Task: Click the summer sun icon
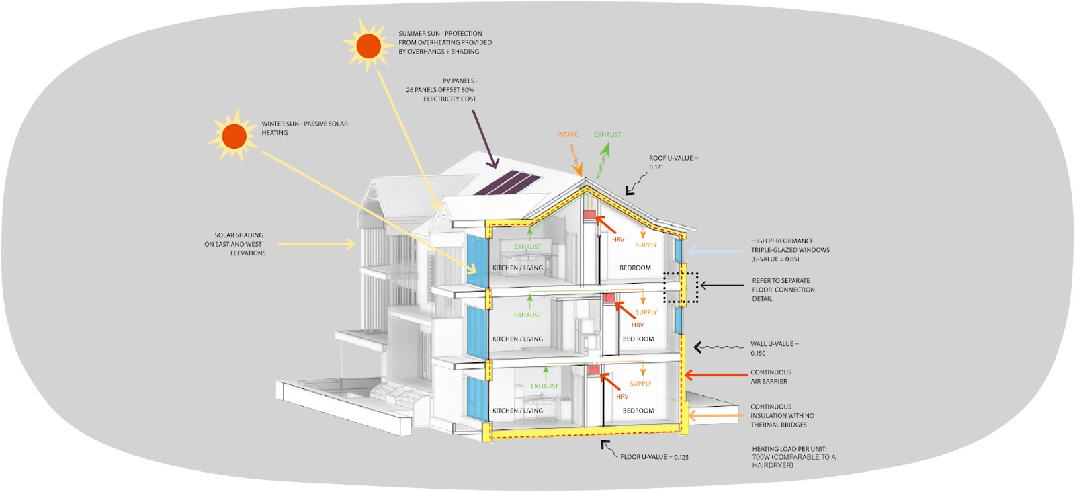coord(368,46)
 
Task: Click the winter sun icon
coord(234,136)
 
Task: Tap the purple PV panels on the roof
coord(507,182)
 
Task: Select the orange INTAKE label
coord(568,135)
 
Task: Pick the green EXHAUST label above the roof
coord(607,135)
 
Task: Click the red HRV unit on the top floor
coord(590,214)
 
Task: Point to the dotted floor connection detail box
coord(681,288)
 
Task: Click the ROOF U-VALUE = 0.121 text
coord(673,163)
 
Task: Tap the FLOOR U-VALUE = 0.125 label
coord(654,457)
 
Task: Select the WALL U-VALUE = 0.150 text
coord(774,348)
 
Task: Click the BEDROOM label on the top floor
coord(635,268)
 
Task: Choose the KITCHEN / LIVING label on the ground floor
coord(517,411)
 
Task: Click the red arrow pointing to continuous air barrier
coord(715,376)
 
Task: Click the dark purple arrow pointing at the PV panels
coord(484,138)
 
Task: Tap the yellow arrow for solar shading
coord(316,244)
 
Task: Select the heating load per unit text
coord(793,457)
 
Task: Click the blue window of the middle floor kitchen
coord(476,331)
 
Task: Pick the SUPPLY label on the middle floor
coord(646,312)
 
